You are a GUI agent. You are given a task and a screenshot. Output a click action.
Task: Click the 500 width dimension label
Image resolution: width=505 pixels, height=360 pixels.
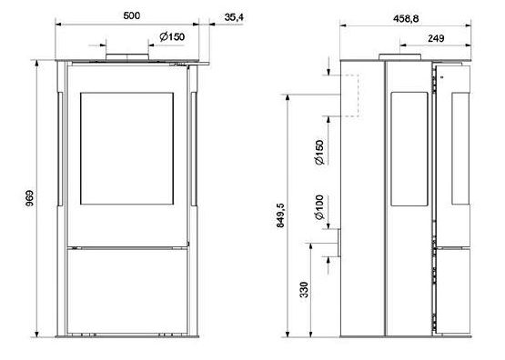(x=132, y=15)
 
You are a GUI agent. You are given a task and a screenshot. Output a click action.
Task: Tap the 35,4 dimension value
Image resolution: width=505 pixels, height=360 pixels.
(x=234, y=17)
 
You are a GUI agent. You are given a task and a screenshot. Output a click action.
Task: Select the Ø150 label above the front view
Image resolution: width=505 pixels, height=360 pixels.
(x=172, y=36)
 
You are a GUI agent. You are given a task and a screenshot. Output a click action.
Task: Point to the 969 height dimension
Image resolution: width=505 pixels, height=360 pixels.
(x=29, y=198)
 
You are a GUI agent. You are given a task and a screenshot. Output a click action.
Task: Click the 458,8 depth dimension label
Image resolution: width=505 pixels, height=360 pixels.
(x=406, y=19)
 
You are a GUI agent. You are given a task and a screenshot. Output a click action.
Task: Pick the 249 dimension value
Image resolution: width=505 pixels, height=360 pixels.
(x=436, y=38)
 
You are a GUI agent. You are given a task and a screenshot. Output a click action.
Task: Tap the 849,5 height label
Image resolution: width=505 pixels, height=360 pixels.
(x=280, y=215)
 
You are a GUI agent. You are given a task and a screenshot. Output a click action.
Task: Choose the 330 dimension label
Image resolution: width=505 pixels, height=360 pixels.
(x=304, y=289)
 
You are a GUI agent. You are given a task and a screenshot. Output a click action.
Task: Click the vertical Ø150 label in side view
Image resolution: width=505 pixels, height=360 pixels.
(x=319, y=152)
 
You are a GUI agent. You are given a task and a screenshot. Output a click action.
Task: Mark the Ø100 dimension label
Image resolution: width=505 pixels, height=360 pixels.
(x=319, y=207)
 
